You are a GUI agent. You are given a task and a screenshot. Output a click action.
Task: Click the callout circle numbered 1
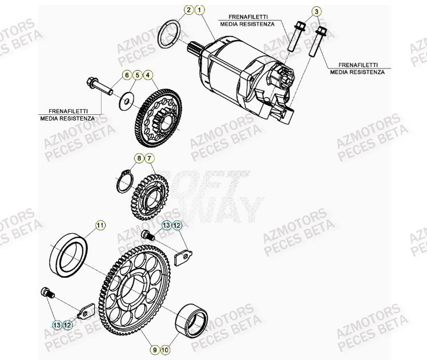[199, 10]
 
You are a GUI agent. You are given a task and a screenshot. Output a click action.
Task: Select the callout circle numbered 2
[188, 10]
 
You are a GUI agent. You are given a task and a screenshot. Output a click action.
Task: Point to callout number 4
[148, 75]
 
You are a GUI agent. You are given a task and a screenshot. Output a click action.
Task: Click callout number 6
[126, 75]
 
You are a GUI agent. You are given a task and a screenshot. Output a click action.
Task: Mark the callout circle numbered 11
[100, 225]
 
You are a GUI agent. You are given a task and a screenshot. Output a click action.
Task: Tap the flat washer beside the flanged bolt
[123, 103]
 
